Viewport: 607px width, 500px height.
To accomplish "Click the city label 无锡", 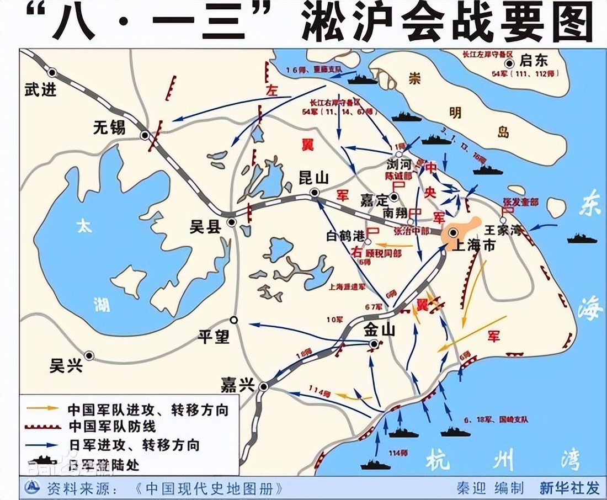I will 109,127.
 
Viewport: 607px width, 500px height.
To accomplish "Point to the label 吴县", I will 205,226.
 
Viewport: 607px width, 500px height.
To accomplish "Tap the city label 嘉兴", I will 236,385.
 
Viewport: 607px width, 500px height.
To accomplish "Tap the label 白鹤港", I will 345,236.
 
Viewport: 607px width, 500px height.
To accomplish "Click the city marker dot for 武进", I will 52,72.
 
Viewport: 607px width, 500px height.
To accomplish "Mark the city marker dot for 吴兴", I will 88,355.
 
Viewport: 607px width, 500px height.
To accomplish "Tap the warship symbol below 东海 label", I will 582,238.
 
